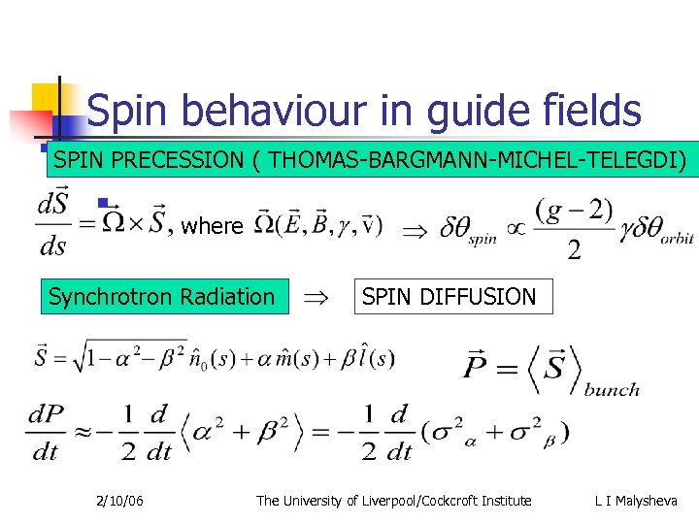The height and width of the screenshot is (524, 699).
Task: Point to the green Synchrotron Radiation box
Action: [x=162, y=297]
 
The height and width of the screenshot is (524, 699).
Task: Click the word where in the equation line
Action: [x=213, y=227]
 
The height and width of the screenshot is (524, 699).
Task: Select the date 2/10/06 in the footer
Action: [x=120, y=501]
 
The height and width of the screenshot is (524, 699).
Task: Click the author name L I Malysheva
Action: [x=637, y=501]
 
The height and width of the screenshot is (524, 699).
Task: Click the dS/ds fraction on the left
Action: [x=52, y=226]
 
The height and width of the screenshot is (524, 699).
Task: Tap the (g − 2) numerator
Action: [x=573, y=210]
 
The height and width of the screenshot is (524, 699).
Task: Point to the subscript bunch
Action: [x=612, y=389]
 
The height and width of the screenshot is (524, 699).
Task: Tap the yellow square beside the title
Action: [x=49, y=99]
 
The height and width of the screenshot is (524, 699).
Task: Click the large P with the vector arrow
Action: [x=482, y=368]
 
